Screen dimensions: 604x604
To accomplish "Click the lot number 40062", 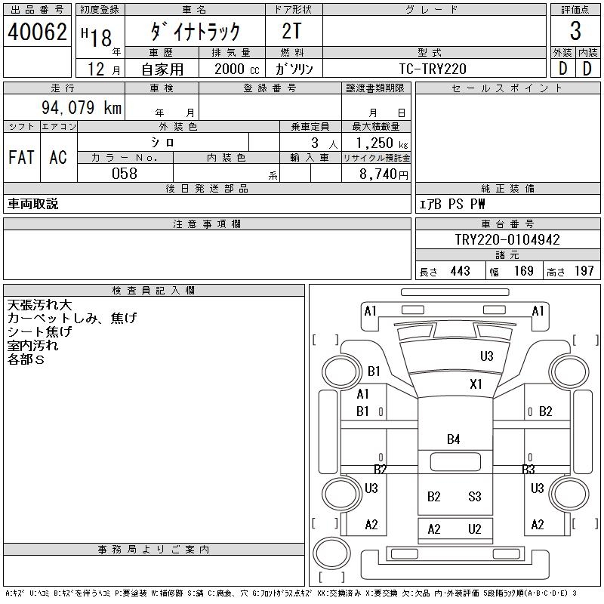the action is point(37,32).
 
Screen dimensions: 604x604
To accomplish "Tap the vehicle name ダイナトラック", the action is point(195,32).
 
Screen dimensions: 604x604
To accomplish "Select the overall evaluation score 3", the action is point(575,32).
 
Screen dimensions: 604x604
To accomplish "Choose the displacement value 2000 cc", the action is point(235,68).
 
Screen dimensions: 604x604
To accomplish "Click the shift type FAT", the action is point(21,157).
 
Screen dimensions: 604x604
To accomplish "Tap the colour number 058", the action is point(125,174).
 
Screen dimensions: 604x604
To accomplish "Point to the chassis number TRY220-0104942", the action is point(507,239).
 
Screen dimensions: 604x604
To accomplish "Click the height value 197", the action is point(584,271).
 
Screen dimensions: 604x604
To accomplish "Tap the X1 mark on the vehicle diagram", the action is point(476,384).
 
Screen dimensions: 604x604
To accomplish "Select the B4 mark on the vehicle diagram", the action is point(453,439).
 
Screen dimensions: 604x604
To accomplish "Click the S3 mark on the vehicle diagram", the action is point(474,496).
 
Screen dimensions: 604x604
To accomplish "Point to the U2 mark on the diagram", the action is point(474,529).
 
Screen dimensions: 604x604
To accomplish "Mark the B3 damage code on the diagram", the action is point(528,470).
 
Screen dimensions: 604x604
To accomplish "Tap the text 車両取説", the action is point(33,204).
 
